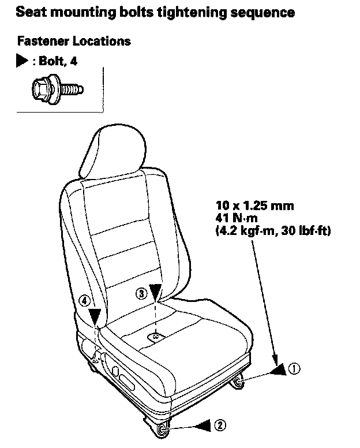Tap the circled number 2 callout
tap(220, 425)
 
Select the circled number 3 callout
tap(141, 293)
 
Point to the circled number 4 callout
tap(84, 300)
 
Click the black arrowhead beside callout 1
tap(280, 369)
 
